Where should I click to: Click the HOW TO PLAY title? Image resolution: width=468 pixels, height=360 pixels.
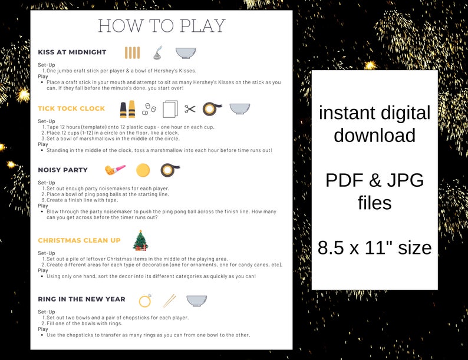162,27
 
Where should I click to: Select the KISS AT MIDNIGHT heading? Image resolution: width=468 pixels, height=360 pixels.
72,52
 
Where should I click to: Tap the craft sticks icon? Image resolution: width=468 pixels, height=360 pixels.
133,52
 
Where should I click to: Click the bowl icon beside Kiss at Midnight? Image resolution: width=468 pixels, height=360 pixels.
186,52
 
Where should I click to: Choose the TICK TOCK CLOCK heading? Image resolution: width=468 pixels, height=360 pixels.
71,108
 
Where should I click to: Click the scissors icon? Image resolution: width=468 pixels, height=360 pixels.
190,109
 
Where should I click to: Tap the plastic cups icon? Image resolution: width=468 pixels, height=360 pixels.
127,110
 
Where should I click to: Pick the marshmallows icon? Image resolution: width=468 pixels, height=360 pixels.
150,109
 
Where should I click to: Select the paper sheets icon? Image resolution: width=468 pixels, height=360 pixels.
170,109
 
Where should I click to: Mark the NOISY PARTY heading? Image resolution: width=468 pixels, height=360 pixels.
62,170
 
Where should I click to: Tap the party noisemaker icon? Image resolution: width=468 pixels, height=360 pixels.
115,170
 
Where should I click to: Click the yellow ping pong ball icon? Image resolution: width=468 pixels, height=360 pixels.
143,170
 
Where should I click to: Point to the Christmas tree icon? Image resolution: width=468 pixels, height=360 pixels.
140,240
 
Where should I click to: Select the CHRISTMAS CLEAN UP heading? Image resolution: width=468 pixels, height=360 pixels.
79,240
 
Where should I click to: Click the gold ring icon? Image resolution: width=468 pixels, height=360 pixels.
145,300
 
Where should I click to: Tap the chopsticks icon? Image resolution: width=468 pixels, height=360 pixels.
169,300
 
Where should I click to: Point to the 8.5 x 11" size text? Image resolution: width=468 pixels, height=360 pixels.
374,248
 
